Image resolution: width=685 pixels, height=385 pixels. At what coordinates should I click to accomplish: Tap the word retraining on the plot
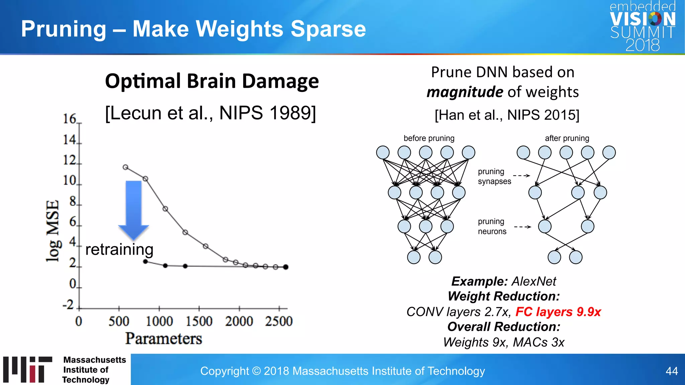119,249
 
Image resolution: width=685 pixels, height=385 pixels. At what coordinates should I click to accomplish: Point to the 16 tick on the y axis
70,119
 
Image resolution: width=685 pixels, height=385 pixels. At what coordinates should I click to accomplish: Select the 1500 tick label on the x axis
199,321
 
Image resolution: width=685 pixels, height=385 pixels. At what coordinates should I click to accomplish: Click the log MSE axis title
53,231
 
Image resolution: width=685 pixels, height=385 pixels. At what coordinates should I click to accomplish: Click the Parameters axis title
164,339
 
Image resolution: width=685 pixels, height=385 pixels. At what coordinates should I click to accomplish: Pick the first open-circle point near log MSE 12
125,167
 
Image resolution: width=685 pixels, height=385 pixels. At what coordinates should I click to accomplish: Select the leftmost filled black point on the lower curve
145,261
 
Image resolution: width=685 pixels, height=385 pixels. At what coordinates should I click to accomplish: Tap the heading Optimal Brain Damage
212,81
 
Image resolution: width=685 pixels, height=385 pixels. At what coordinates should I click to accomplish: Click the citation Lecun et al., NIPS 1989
210,113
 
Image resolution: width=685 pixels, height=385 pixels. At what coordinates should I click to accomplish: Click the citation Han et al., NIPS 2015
507,115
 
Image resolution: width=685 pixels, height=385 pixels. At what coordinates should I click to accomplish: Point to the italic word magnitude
465,92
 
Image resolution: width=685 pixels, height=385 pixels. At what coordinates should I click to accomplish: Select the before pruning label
429,138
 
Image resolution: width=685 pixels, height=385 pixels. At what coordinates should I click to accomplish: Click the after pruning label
567,138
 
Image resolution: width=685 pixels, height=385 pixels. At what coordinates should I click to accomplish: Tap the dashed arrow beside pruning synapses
521,175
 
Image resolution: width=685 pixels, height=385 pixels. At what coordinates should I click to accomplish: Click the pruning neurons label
492,226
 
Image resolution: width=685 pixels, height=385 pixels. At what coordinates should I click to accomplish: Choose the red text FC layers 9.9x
558,312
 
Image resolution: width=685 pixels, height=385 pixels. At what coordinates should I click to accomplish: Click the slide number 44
672,371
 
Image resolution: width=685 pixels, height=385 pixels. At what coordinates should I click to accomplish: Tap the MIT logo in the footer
28,369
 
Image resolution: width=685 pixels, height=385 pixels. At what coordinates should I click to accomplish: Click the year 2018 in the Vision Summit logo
643,45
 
